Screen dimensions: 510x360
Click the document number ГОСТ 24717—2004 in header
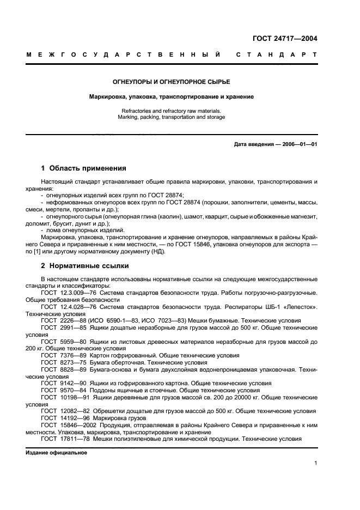pos(285,39)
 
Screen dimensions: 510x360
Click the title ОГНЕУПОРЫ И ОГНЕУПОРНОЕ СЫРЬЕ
pos(171,82)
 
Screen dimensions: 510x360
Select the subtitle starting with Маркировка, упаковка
pos(171,96)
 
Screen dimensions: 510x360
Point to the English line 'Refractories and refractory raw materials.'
pos(171,111)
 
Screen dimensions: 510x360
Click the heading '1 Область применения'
pos(83,168)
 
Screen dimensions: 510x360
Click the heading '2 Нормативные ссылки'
pos(85,266)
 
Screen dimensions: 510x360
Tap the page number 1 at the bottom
pos(315,463)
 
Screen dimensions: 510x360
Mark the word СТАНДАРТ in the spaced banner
pos(276,55)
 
